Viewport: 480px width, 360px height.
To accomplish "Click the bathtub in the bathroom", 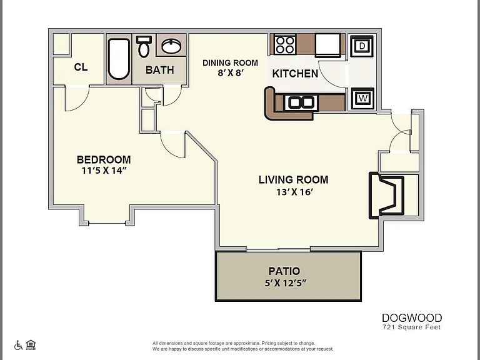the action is [119, 59].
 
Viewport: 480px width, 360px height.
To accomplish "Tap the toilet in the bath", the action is [144, 46].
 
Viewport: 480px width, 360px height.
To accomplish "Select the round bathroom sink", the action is [171, 46].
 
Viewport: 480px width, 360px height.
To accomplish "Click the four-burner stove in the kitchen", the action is [285, 44].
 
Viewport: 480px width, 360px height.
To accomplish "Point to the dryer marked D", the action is [362, 46].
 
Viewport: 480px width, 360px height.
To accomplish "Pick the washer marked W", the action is [362, 99].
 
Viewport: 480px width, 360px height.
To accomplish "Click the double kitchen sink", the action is [301, 102].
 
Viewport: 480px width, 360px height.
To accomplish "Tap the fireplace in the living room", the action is [387, 196].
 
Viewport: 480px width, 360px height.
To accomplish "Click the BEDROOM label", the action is [104, 159].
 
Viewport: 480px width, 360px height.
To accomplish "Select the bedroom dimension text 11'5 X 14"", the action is [104, 171].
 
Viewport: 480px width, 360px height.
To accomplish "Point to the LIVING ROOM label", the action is [294, 179].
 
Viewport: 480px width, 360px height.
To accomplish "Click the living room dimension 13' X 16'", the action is [294, 192].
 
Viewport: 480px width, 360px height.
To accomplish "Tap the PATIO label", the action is [284, 271].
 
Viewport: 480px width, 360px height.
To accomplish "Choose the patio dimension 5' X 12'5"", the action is [285, 282].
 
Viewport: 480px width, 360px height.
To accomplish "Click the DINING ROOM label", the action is [230, 62].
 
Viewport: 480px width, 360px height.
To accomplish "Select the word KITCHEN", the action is [295, 74].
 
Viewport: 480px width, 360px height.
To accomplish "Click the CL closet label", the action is [81, 67].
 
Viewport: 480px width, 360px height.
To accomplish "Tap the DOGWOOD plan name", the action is [412, 317].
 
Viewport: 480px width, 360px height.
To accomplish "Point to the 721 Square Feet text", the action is [412, 327].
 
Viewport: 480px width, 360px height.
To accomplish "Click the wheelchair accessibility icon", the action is [18, 345].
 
